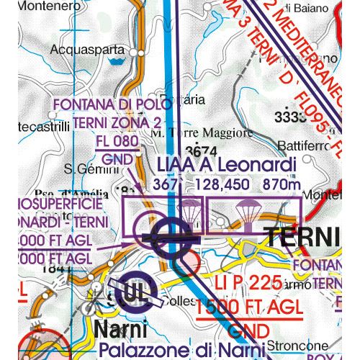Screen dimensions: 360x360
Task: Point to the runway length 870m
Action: click(x=281, y=185)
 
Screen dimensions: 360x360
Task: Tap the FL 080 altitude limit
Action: click(x=115, y=142)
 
